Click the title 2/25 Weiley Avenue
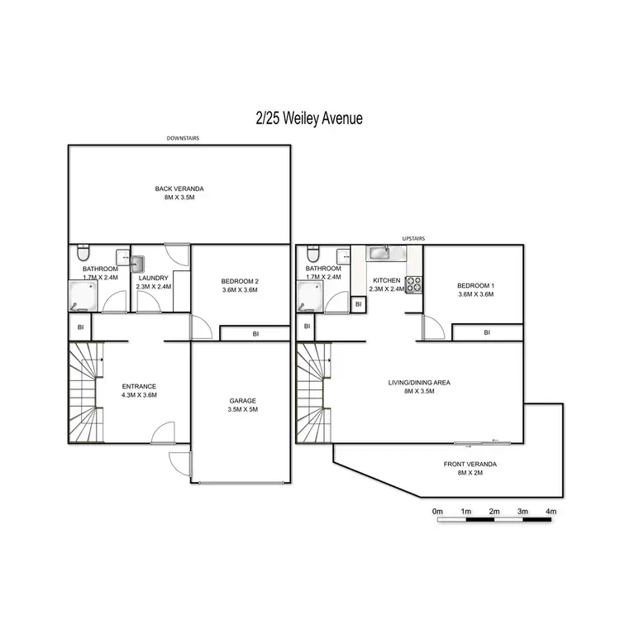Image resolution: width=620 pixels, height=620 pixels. coord(308,119)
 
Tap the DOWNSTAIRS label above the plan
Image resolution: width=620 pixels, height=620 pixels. coord(183,139)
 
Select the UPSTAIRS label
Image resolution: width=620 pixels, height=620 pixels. coord(413,238)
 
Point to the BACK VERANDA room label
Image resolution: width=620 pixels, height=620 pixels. coord(179,189)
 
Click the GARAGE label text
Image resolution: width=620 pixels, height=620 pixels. coord(242,401)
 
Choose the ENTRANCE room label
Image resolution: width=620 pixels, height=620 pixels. coord(139,386)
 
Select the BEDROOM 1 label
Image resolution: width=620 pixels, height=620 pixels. coord(475,285)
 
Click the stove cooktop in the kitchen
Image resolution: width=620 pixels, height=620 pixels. coord(413,284)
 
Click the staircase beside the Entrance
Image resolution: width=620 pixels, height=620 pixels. coord(83,393)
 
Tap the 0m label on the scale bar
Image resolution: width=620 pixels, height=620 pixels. coord(437,513)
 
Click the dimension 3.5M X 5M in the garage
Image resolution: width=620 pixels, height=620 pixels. coord(242,409)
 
